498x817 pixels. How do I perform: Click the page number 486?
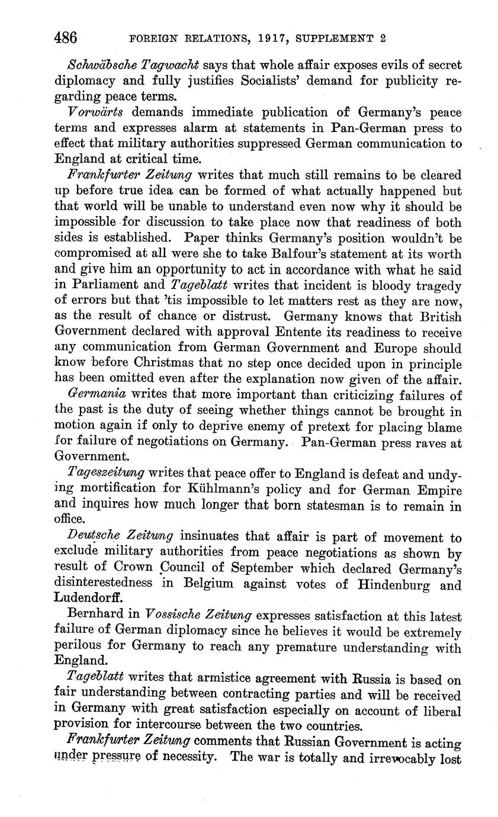click(66, 38)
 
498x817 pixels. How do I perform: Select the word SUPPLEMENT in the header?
click(335, 39)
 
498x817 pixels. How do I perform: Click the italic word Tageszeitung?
click(105, 473)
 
